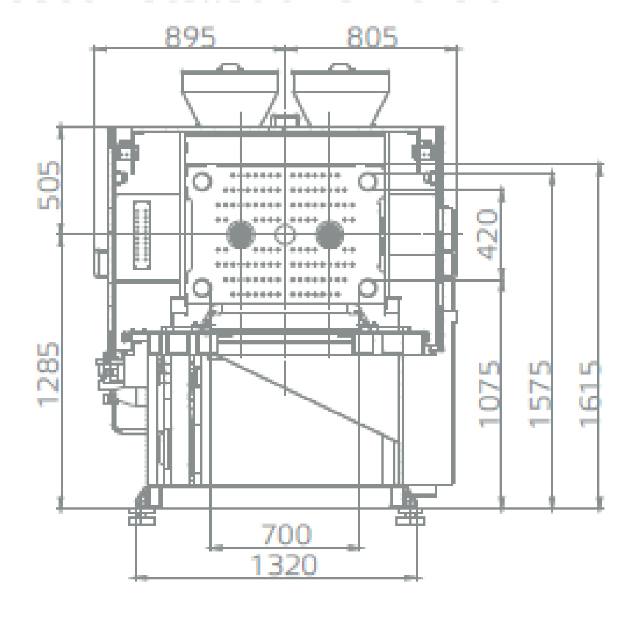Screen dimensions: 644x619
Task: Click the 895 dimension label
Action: pos(190,36)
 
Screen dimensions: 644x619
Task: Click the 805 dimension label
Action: pos(372,36)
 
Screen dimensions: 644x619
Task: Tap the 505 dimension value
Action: pos(49,185)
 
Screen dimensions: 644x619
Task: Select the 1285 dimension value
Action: pos(49,375)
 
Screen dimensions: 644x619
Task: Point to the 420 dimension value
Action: pos(488,234)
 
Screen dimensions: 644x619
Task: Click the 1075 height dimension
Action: pos(489,394)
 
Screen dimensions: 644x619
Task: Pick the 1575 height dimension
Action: pos(539,394)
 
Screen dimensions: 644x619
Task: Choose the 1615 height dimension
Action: pos(590,394)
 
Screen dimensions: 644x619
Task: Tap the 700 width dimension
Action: pos(287,534)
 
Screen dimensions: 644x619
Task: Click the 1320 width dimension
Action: pos(283,564)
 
